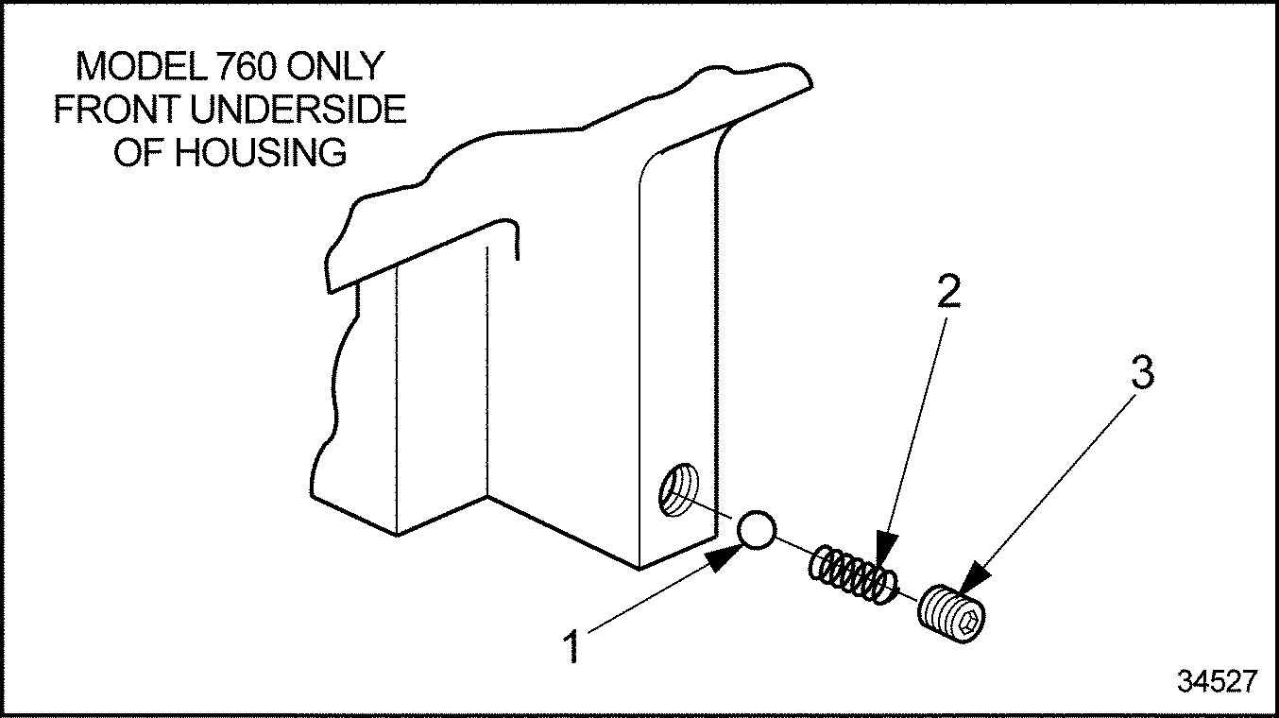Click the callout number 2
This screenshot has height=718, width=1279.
[949, 293]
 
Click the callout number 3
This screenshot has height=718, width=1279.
[1142, 374]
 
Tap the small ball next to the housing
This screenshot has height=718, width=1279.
[758, 531]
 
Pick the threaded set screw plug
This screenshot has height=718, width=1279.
[952, 614]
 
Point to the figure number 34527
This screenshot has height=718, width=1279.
[1216, 681]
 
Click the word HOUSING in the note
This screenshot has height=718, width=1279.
[261, 152]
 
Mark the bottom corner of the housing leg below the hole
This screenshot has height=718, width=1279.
[639, 568]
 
